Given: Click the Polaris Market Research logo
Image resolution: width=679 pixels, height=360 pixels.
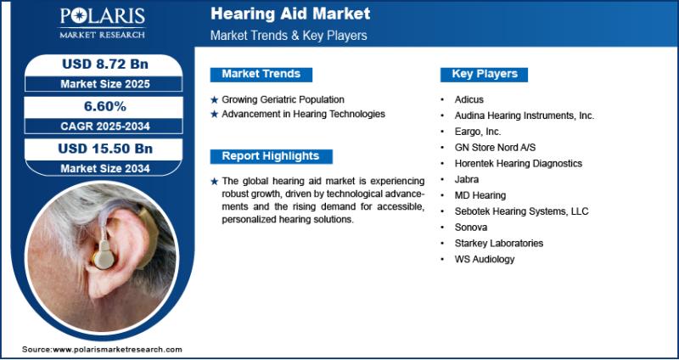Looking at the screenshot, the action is (102, 24).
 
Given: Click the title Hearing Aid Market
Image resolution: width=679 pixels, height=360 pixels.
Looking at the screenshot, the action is (290, 14).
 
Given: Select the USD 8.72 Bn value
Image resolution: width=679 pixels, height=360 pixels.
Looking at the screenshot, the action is (105, 65).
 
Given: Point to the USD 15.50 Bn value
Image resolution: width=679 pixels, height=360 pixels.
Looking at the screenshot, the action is (105, 149).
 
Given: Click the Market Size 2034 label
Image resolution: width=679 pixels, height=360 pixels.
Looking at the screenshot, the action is (105, 168).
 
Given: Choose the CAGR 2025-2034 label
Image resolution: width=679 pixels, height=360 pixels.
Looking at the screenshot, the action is (105, 127).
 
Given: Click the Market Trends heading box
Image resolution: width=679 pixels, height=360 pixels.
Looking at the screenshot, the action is (261, 74).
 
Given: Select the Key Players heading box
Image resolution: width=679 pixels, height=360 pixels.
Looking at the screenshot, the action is (484, 74).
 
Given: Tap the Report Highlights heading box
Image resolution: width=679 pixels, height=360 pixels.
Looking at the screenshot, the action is (271, 156).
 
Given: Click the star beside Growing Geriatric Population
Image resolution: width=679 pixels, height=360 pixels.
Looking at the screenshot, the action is (215, 100).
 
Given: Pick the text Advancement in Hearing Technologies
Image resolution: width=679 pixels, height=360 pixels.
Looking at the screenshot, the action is (303, 115).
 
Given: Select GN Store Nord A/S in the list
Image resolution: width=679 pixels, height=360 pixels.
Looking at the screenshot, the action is (495, 148).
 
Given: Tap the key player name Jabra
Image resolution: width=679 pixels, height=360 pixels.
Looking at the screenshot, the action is (466, 179).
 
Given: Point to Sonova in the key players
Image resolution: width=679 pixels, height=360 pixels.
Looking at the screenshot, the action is (471, 228).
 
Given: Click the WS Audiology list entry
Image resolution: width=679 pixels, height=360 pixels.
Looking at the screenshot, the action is (485, 259).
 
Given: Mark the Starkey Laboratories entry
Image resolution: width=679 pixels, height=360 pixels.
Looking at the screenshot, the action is (499, 243).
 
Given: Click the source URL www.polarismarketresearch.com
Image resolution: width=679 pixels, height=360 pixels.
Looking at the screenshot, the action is (117, 350).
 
